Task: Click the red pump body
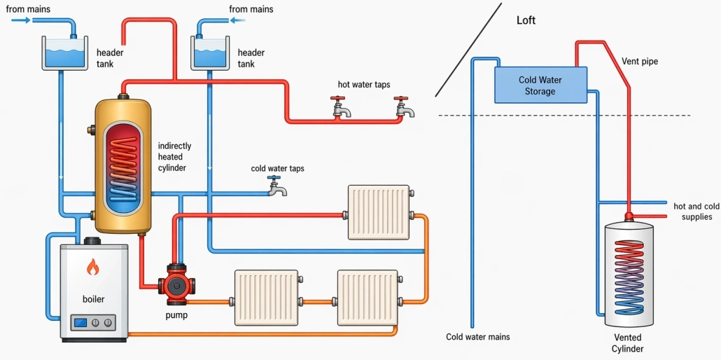174,284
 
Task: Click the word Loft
526,20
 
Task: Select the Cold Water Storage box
540,85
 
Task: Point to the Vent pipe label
639,62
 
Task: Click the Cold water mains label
477,337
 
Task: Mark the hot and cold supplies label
696,212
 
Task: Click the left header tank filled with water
63,53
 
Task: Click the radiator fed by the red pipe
379,212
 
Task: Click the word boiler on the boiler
93,299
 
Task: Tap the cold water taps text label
277,169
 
